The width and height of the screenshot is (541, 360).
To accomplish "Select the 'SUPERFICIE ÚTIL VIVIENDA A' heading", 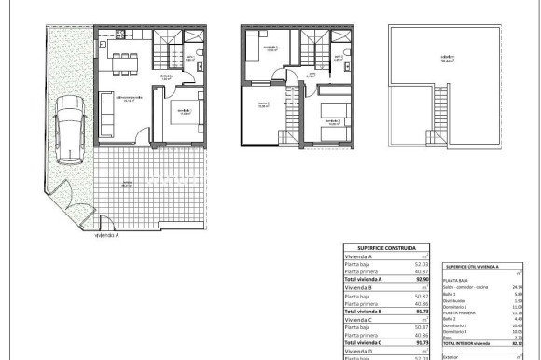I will [472, 267].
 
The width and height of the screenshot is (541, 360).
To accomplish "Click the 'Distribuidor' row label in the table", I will [455, 300].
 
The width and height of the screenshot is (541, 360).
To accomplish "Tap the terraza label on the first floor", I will [263, 105].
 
